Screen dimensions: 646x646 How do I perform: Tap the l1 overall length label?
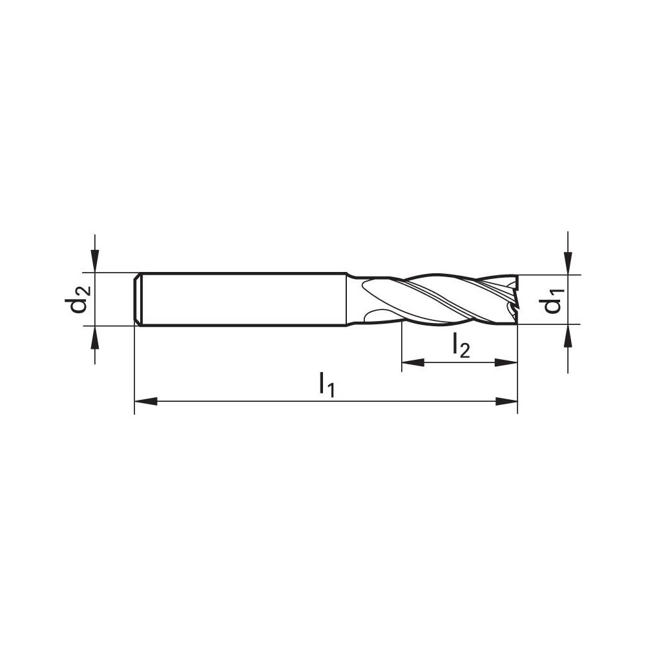pos(327,386)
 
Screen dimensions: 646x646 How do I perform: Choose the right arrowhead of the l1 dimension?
pos(508,402)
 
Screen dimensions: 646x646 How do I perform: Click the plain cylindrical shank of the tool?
pos(245,299)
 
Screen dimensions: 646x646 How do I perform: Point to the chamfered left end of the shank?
pos(138,299)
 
